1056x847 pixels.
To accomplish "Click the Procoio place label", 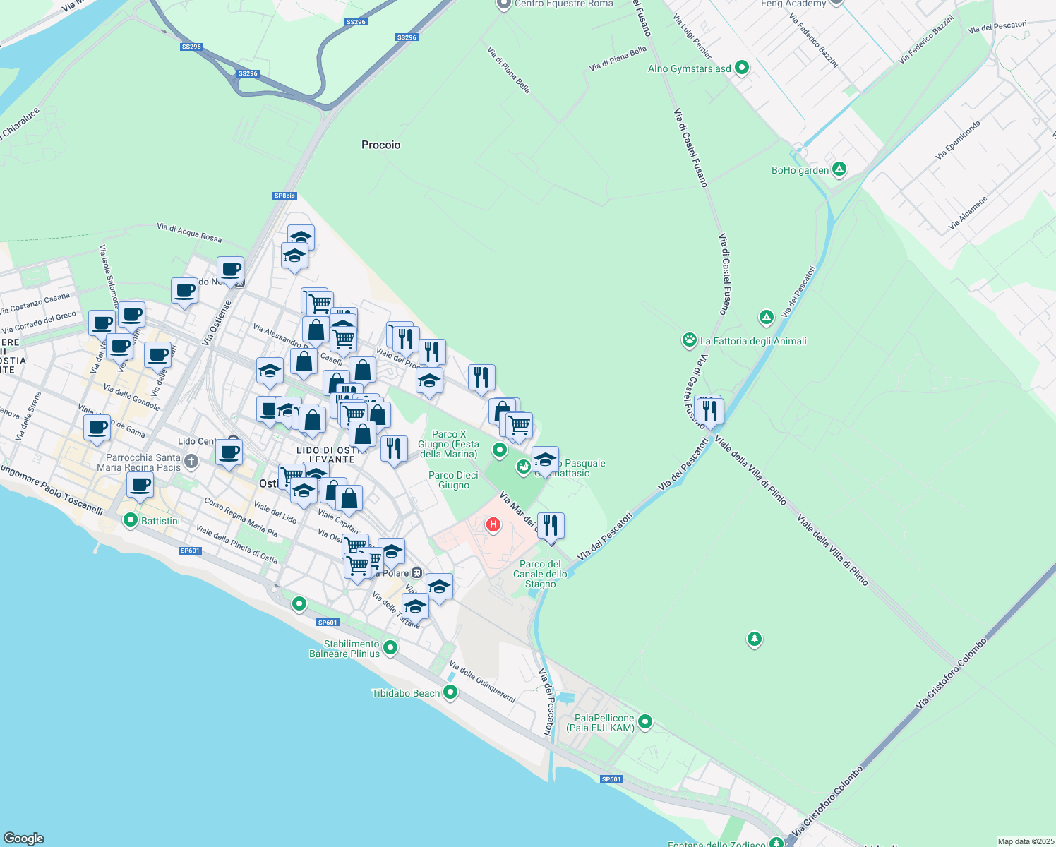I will (380, 145).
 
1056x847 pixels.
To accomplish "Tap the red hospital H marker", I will (493, 524).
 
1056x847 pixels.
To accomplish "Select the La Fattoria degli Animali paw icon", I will (689, 340).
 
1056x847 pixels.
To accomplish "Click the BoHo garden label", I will (800, 170).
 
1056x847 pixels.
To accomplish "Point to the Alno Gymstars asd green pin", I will (741, 68).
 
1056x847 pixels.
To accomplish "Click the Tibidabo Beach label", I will (406, 693).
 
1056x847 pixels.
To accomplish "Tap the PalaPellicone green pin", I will (644, 722).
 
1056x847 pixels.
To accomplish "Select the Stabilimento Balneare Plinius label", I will (344, 649).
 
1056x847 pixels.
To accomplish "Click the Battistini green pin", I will (130, 521).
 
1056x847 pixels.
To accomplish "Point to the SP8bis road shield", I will (284, 196).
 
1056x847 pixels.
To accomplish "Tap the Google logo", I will (24, 839).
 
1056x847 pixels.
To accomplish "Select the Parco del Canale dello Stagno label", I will (540, 574).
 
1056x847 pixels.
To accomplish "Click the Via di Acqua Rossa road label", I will (189, 232).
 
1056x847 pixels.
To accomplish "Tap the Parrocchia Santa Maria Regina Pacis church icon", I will (191, 461).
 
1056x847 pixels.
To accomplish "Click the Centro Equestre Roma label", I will (563, 4).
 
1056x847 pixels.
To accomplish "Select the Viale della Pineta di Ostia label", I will (236, 544).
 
